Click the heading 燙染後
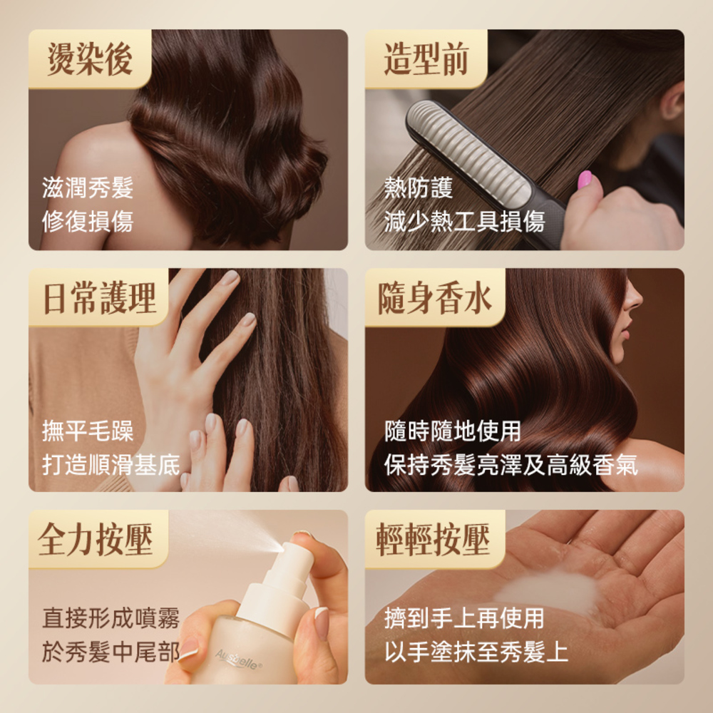click(x=90, y=58)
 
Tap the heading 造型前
click(x=426, y=58)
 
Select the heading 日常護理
click(x=100, y=298)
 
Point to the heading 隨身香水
click(x=435, y=298)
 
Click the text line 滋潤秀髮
click(x=88, y=188)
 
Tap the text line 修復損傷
click(x=88, y=222)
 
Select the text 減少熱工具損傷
click(x=464, y=222)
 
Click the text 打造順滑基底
click(x=111, y=464)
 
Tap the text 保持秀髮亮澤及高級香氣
click(x=511, y=464)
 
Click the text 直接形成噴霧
click(x=111, y=617)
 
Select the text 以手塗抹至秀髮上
click(x=476, y=652)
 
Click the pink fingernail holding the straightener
click(x=585, y=180)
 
